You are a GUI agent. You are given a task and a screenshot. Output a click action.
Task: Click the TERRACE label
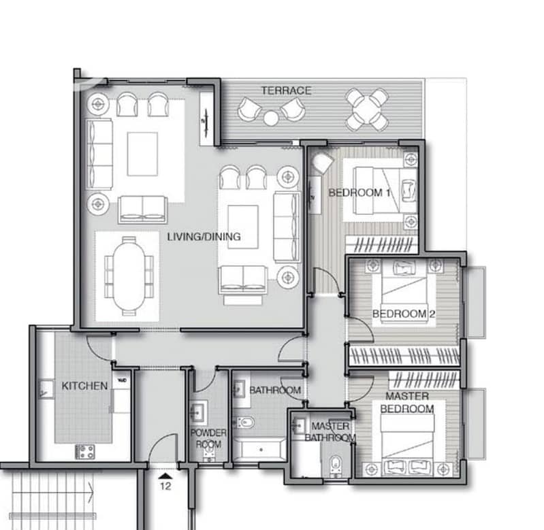coord(286,90)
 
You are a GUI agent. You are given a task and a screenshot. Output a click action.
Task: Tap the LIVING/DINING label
coord(204,237)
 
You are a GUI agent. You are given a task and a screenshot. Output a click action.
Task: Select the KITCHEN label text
coord(84,386)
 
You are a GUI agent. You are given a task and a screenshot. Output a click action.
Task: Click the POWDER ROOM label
coord(208,438)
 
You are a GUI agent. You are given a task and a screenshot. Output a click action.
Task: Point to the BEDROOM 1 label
coord(359,193)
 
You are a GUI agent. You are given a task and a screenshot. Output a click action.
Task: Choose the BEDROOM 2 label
coord(404,314)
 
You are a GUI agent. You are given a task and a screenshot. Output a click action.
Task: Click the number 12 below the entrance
coord(165,486)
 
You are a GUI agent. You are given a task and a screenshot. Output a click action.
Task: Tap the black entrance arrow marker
coord(165,476)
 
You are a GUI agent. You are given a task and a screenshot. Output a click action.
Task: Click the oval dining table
coord(129,276)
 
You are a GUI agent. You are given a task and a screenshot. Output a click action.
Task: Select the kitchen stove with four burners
coord(85,452)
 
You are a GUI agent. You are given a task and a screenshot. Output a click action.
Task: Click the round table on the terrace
coord(368,110)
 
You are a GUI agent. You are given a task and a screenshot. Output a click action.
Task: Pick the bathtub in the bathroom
coord(259,450)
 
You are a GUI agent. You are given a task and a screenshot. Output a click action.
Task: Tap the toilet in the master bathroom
coord(336,465)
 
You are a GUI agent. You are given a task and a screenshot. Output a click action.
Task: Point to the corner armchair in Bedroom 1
coord(322,162)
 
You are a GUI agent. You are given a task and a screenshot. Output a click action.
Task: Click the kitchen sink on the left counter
coord(46,389)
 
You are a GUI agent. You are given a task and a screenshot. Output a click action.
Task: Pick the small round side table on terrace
coord(270,118)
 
